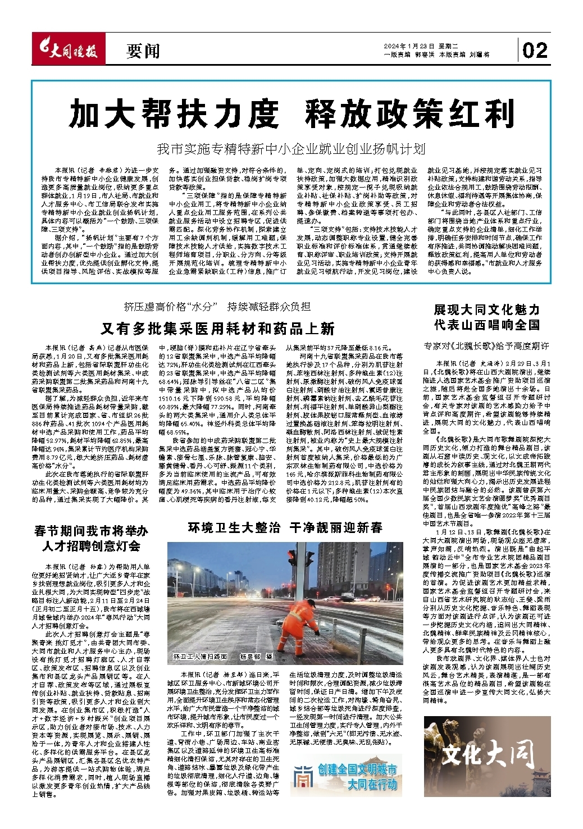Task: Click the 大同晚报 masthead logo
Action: click(66, 51)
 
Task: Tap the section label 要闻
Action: click(143, 52)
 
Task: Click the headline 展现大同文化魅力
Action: click(486, 309)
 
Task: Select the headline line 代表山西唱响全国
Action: click(486, 325)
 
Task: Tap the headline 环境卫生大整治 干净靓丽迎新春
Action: click(285, 527)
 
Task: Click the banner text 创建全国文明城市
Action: click(357, 769)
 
